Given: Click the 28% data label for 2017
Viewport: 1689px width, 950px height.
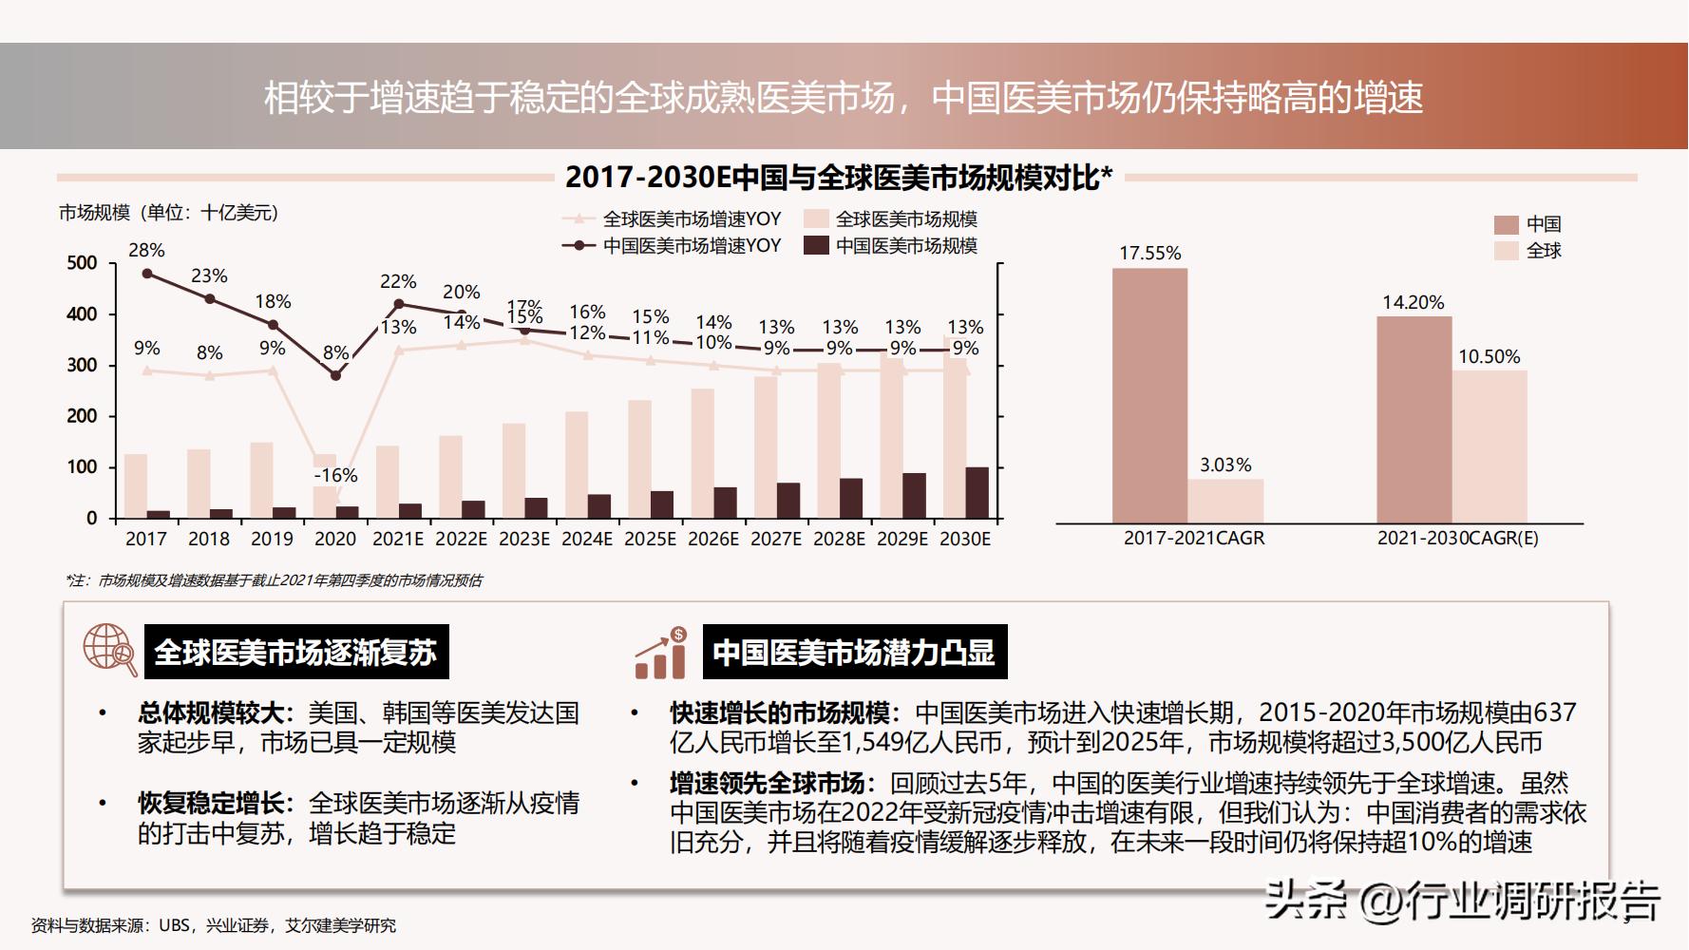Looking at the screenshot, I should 147,250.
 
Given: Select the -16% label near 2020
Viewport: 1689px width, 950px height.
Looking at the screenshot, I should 335,475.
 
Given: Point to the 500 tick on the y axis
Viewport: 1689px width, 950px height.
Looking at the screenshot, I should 82,263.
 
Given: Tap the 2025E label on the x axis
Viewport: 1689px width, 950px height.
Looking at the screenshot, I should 650,539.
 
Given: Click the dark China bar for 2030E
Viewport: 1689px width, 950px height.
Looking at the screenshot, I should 977,492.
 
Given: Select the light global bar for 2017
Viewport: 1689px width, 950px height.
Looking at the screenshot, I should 136,485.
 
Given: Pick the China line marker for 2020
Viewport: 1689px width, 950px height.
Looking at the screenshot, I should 335,375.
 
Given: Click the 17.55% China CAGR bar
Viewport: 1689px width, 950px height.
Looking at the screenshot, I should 1149,394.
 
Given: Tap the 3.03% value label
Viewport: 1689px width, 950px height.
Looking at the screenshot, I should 1225,465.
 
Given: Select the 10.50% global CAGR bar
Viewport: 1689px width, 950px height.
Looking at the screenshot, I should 1489,446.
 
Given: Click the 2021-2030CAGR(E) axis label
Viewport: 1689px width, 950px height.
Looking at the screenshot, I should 1457,539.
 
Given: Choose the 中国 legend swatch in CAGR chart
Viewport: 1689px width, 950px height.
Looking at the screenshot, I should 1506,225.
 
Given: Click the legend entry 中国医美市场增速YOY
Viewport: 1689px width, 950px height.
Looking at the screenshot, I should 692,245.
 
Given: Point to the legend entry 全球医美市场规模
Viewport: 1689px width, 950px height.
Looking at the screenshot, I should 905,219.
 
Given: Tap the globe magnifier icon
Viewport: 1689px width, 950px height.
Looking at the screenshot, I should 109,650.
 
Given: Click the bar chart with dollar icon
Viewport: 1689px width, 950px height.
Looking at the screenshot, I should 661,653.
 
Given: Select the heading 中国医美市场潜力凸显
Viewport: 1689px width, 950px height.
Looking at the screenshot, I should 854,653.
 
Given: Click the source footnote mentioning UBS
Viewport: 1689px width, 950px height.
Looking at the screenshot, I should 214,925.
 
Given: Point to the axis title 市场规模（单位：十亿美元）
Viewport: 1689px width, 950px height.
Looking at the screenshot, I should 169,213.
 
